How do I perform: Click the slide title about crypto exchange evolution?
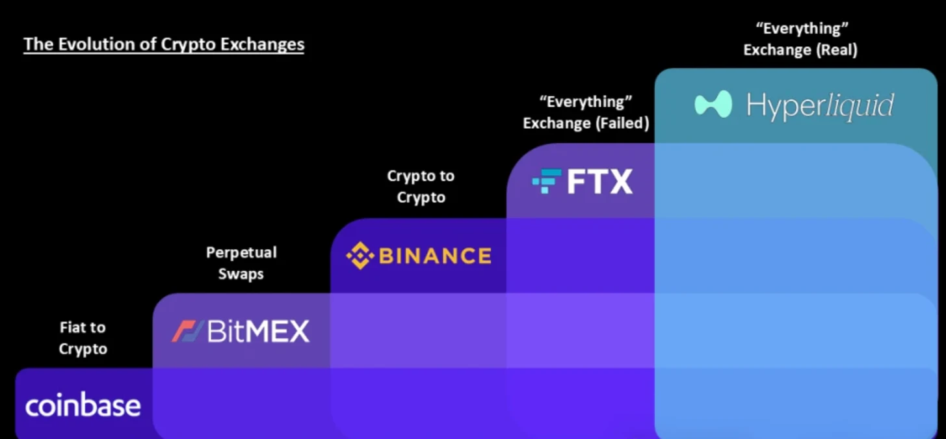[x=164, y=44]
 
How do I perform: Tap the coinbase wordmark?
[x=83, y=405]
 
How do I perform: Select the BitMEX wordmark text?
[x=258, y=331]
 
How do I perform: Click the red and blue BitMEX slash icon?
[x=187, y=331]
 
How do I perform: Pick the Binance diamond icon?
[x=360, y=256]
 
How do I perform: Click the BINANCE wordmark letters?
[x=436, y=256]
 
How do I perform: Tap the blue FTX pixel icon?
[x=547, y=181]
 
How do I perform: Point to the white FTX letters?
[x=599, y=181]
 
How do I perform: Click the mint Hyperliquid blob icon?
[x=713, y=104]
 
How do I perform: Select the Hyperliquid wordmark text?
[x=820, y=105]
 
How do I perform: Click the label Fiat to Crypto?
[x=83, y=338]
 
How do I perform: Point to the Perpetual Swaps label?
[x=241, y=263]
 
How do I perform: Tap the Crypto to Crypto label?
[x=421, y=187]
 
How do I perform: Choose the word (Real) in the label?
[x=837, y=50]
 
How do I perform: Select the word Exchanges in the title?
[x=262, y=45]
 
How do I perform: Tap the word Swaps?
[x=241, y=274]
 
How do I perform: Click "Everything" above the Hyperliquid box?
[x=802, y=29]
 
